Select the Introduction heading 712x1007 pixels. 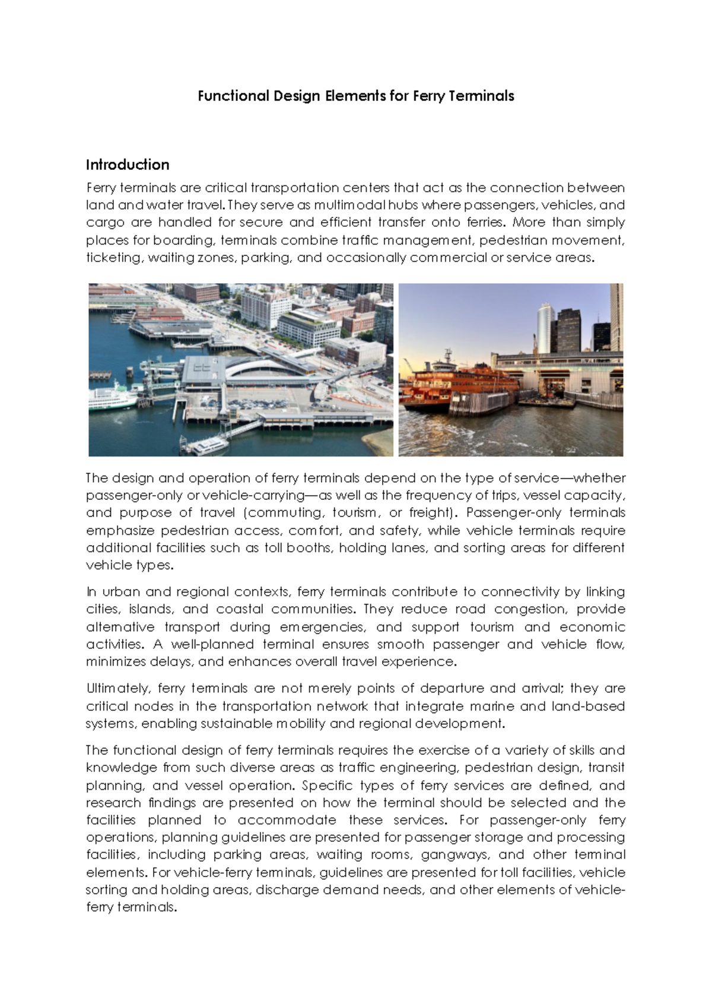[128, 164]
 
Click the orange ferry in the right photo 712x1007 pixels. [451, 383]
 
